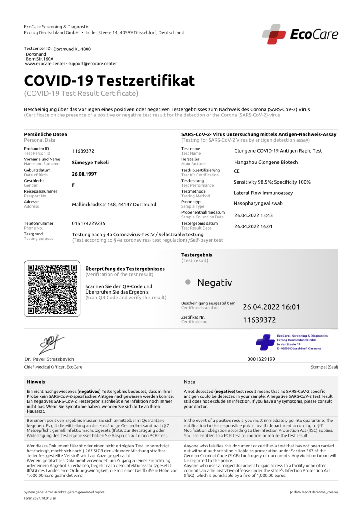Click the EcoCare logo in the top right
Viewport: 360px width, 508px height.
[x=300, y=34]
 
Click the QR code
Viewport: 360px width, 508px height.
[x=52, y=289]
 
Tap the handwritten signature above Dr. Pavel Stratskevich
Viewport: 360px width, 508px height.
[x=52, y=344]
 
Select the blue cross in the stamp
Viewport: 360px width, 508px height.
[x=265, y=342]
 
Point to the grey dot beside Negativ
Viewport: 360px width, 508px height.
[x=188, y=282]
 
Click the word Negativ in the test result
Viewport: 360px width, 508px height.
[x=214, y=283]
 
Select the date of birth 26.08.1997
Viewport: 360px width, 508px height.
[x=84, y=174]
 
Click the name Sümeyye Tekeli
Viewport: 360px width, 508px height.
[x=90, y=163]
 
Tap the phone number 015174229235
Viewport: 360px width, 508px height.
[x=88, y=223]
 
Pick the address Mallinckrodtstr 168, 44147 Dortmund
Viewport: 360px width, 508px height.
[x=114, y=205]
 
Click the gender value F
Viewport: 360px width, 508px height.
[x=74, y=185]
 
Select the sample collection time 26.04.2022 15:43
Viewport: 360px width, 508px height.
[x=253, y=215]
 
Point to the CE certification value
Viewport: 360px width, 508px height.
[x=237, y=171]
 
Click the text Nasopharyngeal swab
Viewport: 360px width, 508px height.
[x=258, y=203]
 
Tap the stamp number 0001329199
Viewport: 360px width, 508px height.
[x=261, y=359]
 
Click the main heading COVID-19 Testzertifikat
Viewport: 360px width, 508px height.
[x=109, y=81]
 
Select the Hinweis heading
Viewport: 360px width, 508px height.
[x=36, y=382]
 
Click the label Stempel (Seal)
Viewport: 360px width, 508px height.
[x=324, y=367]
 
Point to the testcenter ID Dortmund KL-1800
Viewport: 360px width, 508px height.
[x=72, y=49]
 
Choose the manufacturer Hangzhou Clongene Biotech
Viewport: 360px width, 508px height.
[x=266, y=162]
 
